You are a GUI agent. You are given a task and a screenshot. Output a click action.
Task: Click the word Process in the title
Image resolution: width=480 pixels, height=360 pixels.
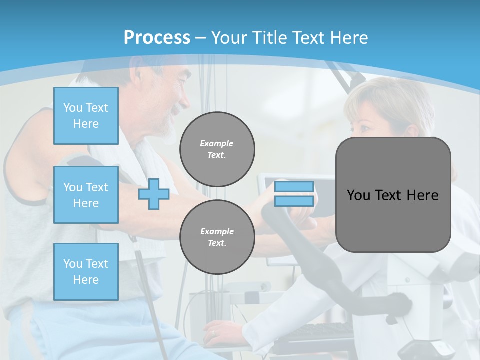[157, 38]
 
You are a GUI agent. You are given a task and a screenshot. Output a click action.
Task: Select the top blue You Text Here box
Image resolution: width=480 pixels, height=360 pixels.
[86, 116]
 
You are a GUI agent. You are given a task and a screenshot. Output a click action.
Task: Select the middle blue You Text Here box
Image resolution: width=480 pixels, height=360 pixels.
[86, 195]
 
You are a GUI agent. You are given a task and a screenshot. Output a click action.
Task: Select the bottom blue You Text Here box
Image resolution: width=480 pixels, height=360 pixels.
[86, 272]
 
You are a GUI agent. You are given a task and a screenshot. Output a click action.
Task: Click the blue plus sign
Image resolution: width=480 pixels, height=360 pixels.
[154, 194]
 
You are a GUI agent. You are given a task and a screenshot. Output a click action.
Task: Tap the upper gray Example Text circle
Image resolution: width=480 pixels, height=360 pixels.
[217, 149]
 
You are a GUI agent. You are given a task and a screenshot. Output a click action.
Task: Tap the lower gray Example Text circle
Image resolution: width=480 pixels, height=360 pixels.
[217, 237]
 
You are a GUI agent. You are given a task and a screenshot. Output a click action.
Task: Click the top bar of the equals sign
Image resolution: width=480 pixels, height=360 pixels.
[294, 186]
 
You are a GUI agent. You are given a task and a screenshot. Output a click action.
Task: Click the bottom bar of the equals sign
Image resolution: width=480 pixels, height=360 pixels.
[294, 201]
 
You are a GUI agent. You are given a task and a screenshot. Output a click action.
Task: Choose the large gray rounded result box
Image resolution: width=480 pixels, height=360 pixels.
[393, 195]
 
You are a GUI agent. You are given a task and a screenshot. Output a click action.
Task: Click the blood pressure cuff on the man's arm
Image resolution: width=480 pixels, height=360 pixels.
[80, 165]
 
